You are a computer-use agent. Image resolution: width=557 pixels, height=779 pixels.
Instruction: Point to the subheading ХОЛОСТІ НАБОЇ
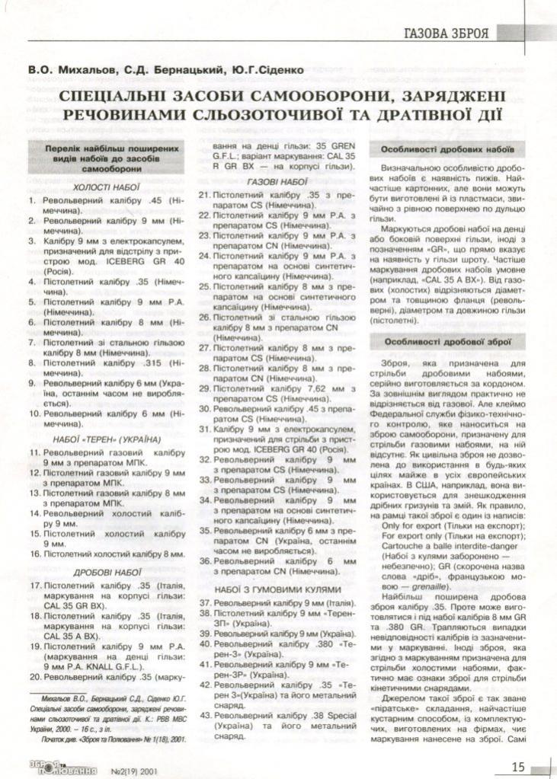coord(107,186)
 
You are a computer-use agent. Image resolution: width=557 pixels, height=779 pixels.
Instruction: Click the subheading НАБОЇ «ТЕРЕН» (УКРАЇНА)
coord(107,439)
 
